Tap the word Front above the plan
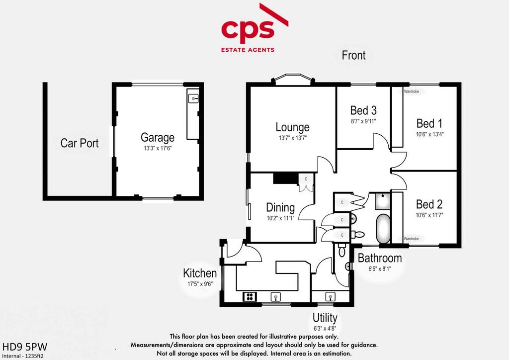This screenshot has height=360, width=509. [x=353, y=55]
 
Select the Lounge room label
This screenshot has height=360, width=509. [x=292, y=127]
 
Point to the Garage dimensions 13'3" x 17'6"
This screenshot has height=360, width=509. [x=158, y=148]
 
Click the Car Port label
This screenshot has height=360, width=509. [x=80, y=143]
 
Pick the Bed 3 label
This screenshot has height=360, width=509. [x=363, y=110]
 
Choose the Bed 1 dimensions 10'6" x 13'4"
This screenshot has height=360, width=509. [x=429, y=134]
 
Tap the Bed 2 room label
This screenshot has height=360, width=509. [x=429, y=204]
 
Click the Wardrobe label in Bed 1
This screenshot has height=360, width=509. [x=411, y=91]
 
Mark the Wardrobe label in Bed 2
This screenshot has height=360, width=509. [x=411, y=239]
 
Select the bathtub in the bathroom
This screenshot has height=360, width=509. [x=383, y=228]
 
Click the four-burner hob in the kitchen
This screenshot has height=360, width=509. [x=250, y=296]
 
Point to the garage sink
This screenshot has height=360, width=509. [x=193, y=98]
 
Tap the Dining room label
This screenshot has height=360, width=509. [x=280, y=207]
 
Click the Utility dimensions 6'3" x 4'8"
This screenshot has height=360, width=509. [x=325, y=328]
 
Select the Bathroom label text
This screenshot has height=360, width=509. [x=380, y=258]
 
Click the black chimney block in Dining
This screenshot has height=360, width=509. [x=286, y=179]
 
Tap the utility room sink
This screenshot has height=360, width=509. [x=330, y=297]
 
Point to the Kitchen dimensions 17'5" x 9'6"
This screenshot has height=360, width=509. [x=200, y=284]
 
